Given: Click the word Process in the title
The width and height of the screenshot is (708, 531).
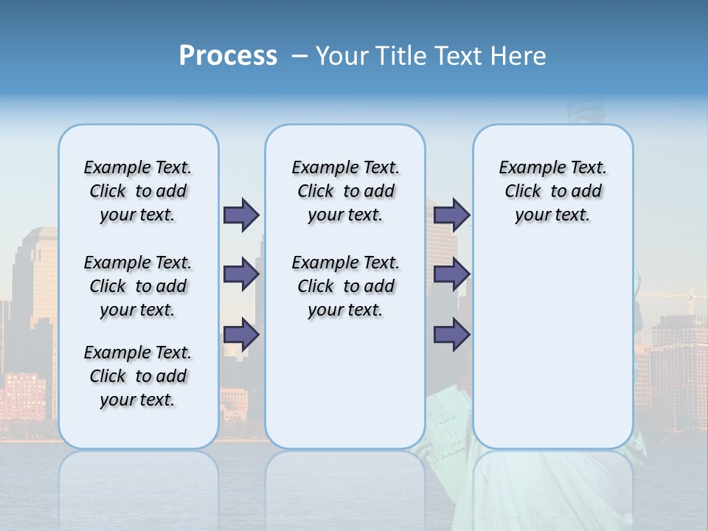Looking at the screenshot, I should coord(228,56).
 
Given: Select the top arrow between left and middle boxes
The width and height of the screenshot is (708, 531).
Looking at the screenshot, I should coord(241,215).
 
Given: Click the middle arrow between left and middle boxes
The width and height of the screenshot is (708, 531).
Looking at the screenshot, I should coord(241,275).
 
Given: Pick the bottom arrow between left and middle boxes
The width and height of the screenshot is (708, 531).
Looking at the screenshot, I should coord(241,335).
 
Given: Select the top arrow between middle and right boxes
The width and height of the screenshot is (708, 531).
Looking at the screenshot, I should coord(451,215).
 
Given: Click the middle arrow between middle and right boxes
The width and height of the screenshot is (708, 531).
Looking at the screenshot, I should coord(451,275).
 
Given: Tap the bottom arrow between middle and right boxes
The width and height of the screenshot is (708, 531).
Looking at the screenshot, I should coord(451,335).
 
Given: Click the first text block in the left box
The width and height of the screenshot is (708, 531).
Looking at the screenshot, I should coord(138,191).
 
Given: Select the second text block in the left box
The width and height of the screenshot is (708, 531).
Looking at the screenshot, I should coord(138,286).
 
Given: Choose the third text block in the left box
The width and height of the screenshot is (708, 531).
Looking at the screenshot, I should coord(138,376).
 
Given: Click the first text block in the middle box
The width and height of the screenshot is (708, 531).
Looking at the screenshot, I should coord(345,191).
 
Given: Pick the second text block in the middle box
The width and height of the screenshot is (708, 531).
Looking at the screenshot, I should coord(345,286).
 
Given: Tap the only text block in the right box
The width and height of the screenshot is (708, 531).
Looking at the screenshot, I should coord(552,191).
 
